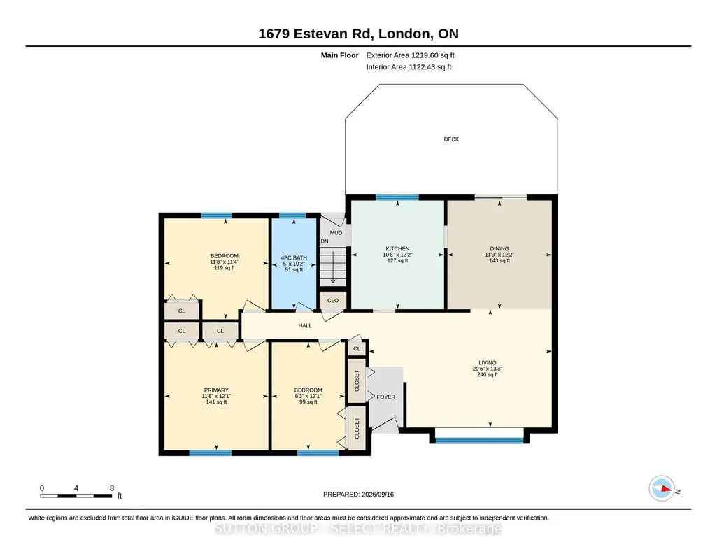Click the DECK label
(x=451, y=139)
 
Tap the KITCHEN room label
(x=397, y=248)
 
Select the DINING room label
(x=499, y=248)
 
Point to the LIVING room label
(x=488, y=362)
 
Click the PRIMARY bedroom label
(x=216, y=390)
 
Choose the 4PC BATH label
(x=294, y=258)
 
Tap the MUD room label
(x=336, y=233)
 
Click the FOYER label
(x=386, y=397)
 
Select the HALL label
(x=305, y=325)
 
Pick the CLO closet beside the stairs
(x=333, y=300)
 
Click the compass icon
(x=662, y=489)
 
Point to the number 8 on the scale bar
(x=112, y=488)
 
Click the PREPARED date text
(x=358, y=494)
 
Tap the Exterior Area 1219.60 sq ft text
(x=410, y=55)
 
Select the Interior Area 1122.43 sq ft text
(x=409, y=66)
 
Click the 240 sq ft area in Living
(x=488, y=374)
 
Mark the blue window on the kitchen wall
(x=397, y=197)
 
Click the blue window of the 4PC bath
(x=292, y=215)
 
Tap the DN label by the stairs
(x=325, y=241)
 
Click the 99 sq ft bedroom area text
(x=308, y=402)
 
